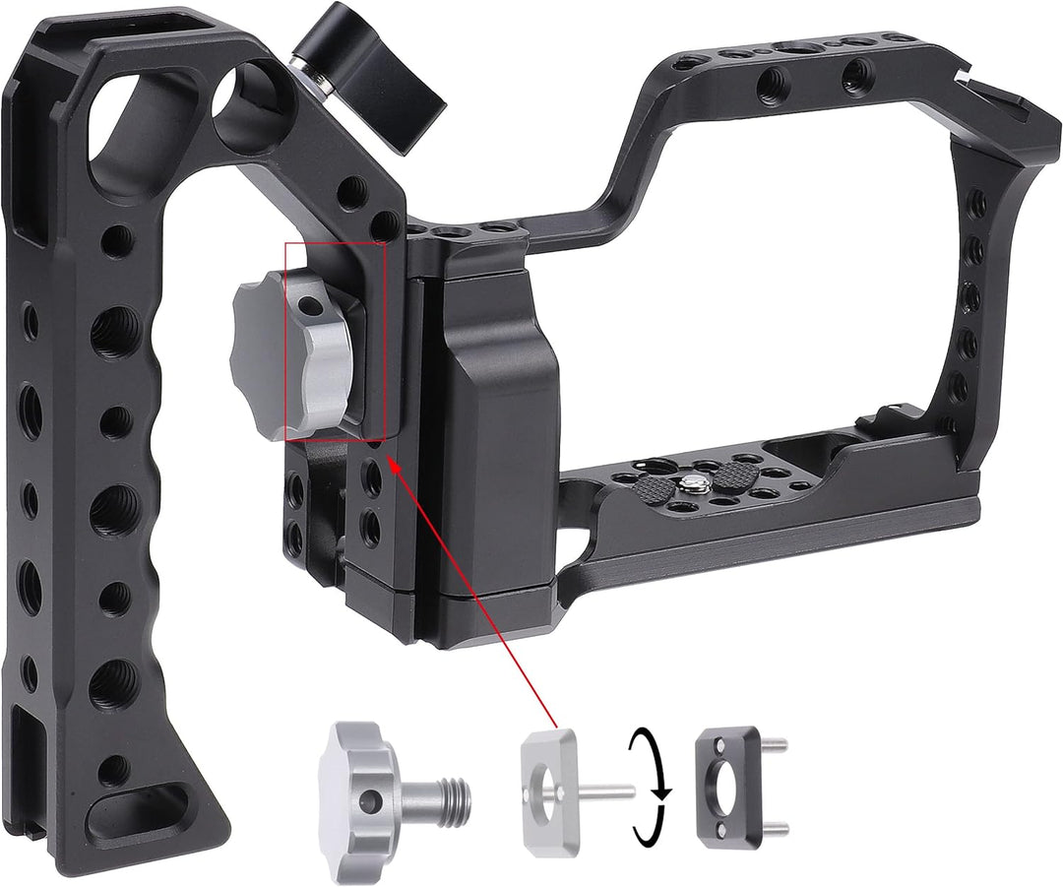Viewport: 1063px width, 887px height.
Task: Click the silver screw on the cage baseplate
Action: click(695, 483)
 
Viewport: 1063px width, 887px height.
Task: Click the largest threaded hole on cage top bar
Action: click(787, 50)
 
